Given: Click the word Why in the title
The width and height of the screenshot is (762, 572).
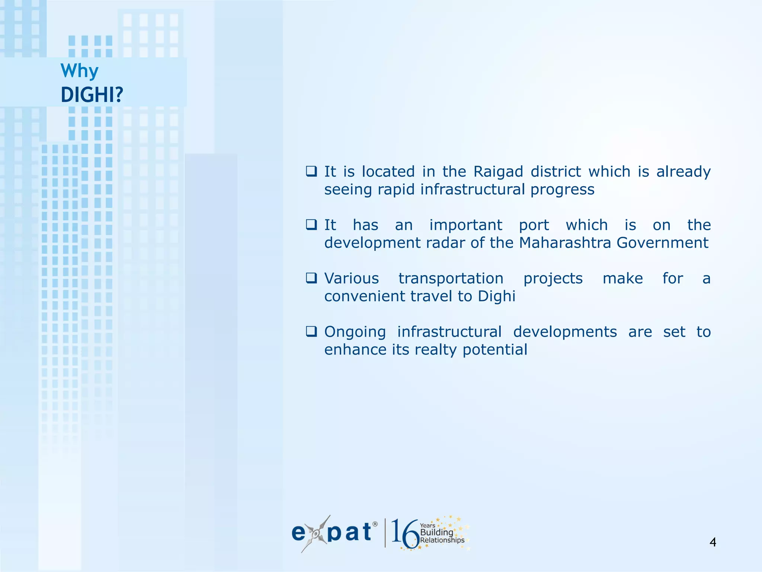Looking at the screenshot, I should click(x=79, y=71).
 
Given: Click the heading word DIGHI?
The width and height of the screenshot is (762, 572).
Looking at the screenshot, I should click(x=92, y=95).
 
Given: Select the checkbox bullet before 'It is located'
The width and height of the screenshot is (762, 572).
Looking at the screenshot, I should click(x=311, y=171).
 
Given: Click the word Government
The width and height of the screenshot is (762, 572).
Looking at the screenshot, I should click(x=662, y=243).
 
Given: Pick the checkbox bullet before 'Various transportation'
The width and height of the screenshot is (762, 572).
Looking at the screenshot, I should click(x=311, y=278).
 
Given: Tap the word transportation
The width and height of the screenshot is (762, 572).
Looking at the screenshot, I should click(x=451, y=279).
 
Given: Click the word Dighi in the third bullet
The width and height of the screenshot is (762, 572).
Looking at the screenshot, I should click(x=496, y=296).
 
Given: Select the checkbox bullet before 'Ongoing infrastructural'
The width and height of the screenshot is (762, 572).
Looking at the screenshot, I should click(x=311, y=331).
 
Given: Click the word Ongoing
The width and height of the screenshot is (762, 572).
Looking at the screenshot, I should click(x=355, y=332).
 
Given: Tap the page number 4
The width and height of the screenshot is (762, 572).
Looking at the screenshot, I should click(x=713, y=542).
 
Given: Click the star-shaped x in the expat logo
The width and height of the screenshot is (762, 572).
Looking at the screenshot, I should click(x=316, y=534).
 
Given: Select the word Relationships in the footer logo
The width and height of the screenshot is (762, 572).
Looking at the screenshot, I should click(x=442, y=540).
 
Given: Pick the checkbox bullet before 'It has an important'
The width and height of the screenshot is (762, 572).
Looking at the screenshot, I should click(x=311, y=225).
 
